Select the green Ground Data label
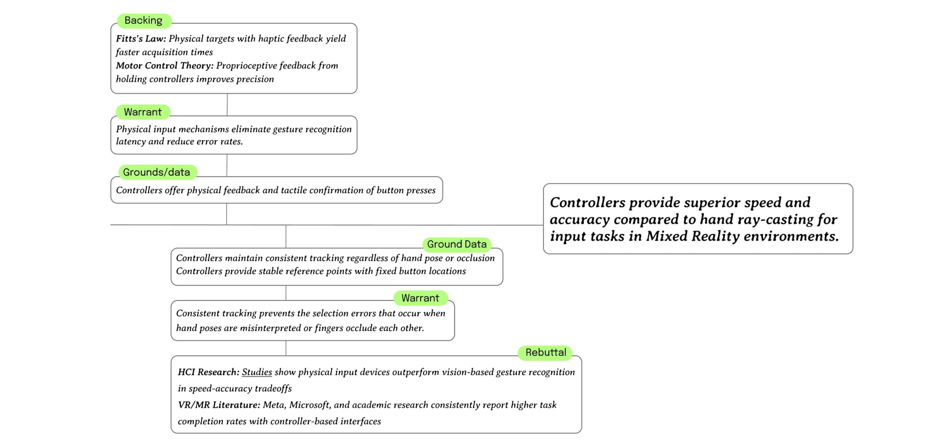point(457,244)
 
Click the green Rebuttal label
point(545,352)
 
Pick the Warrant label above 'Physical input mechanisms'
point(143,112)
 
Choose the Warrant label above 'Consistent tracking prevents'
point(420,298)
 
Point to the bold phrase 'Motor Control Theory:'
point(165,66)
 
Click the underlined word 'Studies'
point(257,372)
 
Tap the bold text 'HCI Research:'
point(209,372)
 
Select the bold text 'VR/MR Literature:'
point(219,405)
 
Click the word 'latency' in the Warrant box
point(131,142)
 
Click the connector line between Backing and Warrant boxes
point(227,105)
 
